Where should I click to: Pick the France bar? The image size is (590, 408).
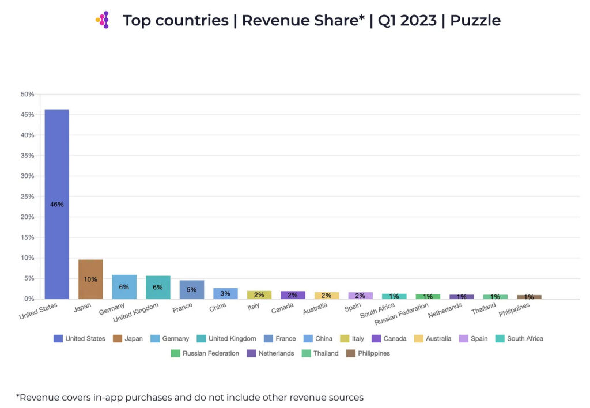click(x=191, y=289)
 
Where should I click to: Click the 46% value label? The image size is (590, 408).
click(x=56, y=205)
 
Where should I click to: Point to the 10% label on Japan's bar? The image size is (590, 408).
click(x=90, y=279)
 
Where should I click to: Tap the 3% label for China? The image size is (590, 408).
click(x=225, y=293)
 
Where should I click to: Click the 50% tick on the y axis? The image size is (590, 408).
click(x=27, y=94)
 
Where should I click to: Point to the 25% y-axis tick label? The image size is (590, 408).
click(x=27, y=197)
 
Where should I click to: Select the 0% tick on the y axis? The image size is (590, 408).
click(x=29, y=299)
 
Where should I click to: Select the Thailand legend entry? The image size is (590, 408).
click(x=323, y=353)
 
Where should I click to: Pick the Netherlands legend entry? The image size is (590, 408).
click(x=271, y=353)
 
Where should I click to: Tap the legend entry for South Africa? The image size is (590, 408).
click(x=519, y=339)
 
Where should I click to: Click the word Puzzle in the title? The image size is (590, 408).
click(x=475, y=21)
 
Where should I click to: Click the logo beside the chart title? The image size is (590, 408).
click(x=103, y=20)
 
